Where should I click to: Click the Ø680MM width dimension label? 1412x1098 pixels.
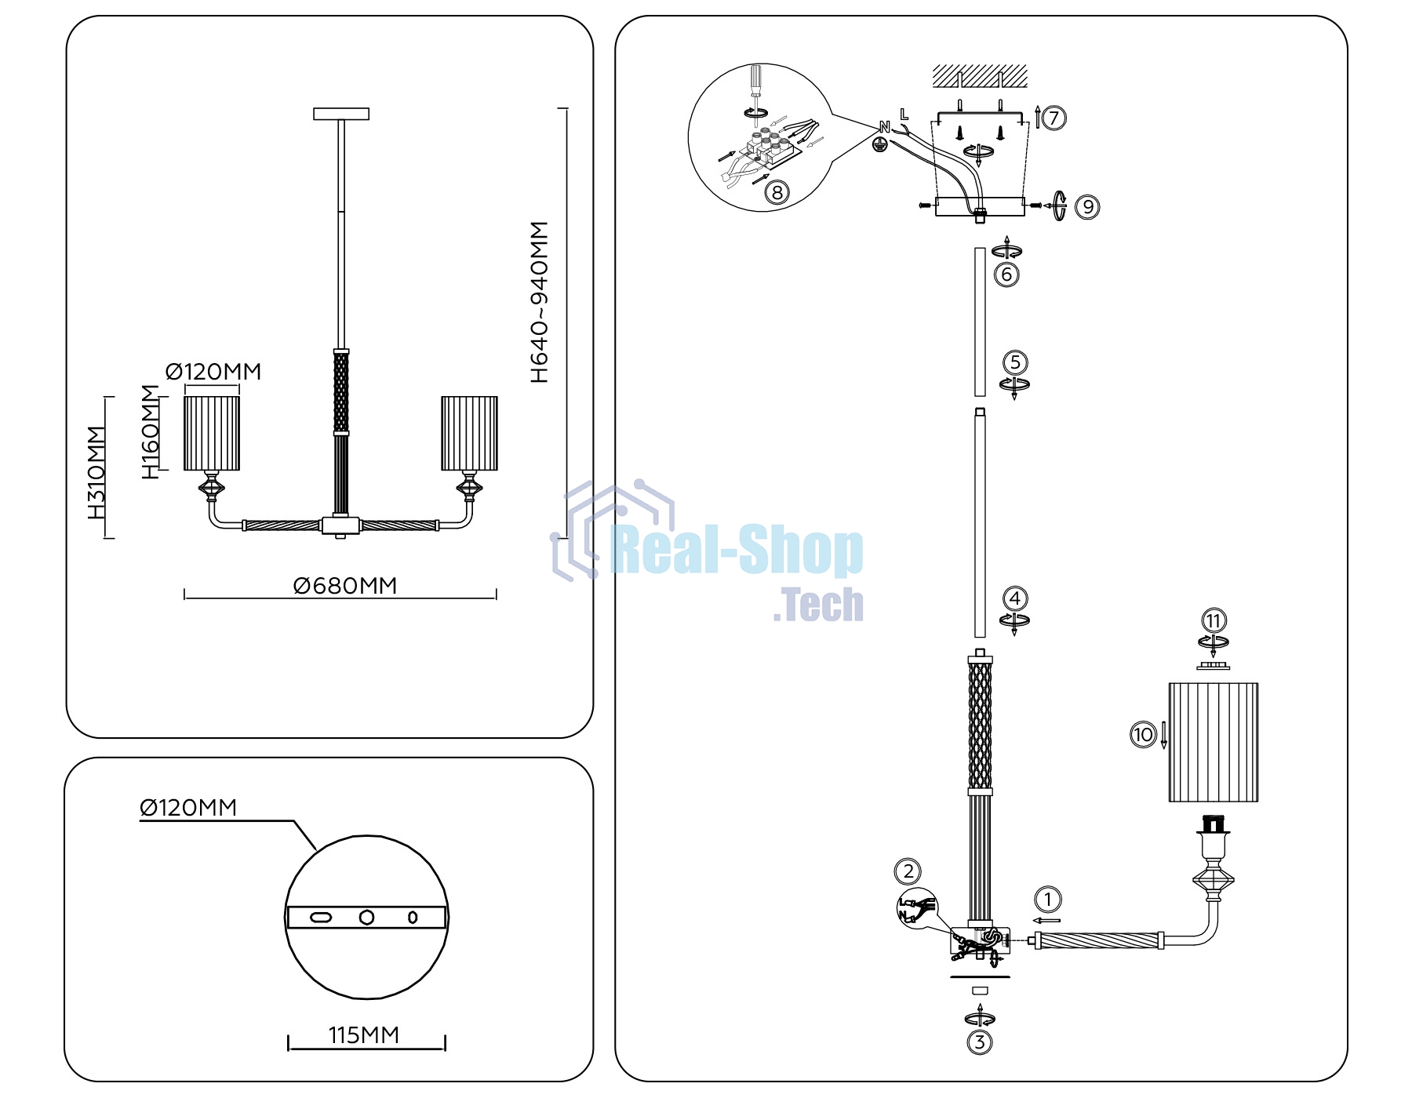345,586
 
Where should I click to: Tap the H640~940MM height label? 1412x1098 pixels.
540,302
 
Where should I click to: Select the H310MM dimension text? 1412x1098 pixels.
96,472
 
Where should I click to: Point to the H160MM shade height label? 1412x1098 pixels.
150,432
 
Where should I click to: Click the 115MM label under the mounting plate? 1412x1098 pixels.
364,1035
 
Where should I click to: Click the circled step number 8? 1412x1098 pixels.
777,192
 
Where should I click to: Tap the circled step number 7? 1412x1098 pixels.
1054,118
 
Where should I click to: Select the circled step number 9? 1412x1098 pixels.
1087,207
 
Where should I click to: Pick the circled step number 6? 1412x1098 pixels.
1006,274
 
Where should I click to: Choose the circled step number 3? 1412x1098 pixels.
980,1042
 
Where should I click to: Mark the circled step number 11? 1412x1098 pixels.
1214,621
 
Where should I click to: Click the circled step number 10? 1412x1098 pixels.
1143,735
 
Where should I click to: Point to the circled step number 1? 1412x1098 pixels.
1048,900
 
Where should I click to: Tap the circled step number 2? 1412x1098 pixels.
908,871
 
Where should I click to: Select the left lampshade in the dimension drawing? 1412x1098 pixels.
212,434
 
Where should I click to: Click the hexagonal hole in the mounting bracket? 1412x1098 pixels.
366,917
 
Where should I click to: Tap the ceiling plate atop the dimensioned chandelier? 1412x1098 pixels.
341,115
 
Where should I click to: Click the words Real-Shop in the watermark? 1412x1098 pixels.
737,551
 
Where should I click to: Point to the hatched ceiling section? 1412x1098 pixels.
980,77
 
